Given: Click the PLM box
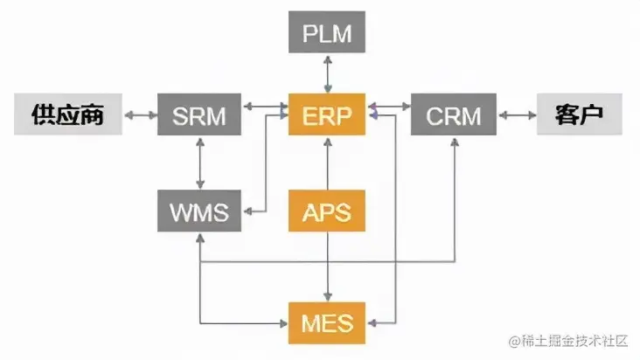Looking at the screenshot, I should (x=327, y=36).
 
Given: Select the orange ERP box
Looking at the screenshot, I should (x=327, y=115).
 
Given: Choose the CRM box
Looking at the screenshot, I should (x=453, y=115).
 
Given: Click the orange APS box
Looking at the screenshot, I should (x=327, y=211).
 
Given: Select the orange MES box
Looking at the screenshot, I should (x=327, y=323).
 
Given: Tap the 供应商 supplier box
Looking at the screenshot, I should (x=67, y=115).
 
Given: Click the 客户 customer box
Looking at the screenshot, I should (x=579, y=115).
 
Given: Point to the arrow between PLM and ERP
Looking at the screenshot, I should (x=327, y=75).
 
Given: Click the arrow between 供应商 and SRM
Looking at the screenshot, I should (x=140, y=115).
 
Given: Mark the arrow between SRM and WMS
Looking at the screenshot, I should (x=200, y=163).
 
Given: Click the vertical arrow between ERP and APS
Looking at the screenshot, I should (x=327, y=163).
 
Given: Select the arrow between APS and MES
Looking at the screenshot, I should (x=327, y=267).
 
